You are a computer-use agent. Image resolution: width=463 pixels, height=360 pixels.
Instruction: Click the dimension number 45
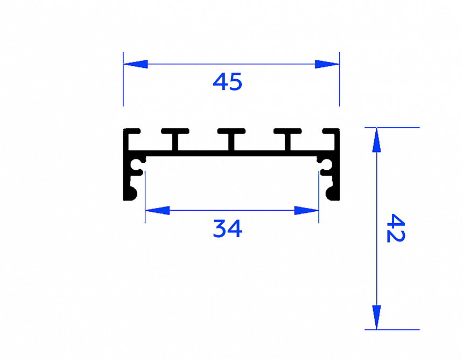[x=228, y=82]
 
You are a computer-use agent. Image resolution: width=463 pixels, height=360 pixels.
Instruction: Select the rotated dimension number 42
[x=396, y=228]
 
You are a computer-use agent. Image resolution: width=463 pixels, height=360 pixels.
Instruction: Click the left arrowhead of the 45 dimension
[x=135, y=64]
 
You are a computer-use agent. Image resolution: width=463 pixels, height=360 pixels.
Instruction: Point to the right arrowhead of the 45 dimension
[x=327, y=64]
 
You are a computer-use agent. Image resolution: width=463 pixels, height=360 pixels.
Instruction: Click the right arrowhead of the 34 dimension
[x=307, y=210]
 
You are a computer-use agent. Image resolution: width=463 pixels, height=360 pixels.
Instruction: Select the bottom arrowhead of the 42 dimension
[x=376, y=317]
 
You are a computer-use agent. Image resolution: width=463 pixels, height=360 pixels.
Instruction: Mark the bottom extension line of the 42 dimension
[x=398, y=329]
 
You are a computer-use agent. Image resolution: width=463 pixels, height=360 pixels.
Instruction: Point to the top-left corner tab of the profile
[x=132, y=131]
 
